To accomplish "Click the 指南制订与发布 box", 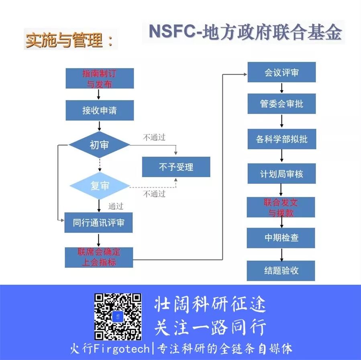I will click(100, 78).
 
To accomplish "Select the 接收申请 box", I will click(100, 110).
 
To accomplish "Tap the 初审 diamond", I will click(100, 145).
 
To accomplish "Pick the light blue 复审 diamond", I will click(100, 186).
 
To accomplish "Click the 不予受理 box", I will click(176, 167).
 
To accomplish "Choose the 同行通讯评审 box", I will click(99, 223).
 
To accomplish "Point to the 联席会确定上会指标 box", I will click(99, 257).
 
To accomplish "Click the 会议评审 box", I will click(281, 72).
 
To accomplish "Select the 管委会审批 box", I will click(281, 104).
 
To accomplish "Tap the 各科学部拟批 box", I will click(281, 139).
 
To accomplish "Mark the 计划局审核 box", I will click(281, 174).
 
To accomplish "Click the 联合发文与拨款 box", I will click(281, 207).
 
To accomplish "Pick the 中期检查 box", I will click(281, 238).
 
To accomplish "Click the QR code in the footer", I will click(118, 317).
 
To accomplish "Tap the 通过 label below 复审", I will click(116, 207).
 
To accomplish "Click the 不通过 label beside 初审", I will click(154, 137).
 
